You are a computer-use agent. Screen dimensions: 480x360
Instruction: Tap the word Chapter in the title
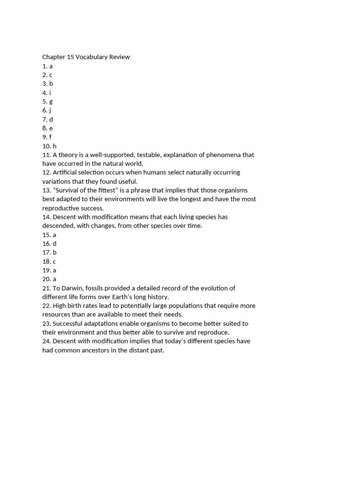coord(54,57)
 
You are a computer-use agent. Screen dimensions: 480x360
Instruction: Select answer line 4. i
coord(46,93)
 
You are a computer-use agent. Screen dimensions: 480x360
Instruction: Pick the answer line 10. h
coord(49,146)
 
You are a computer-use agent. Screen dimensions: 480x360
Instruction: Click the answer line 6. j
coord(47,111)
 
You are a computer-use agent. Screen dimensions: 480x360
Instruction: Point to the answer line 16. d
coord(49,244)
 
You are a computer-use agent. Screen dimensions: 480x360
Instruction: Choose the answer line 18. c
coord(49,262)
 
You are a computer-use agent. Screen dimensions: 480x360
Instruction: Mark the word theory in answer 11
coord(70,155)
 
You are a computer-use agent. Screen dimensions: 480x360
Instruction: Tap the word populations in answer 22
coord(186,306)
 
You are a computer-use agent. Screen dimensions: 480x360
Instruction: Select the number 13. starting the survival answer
coord(47,190)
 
